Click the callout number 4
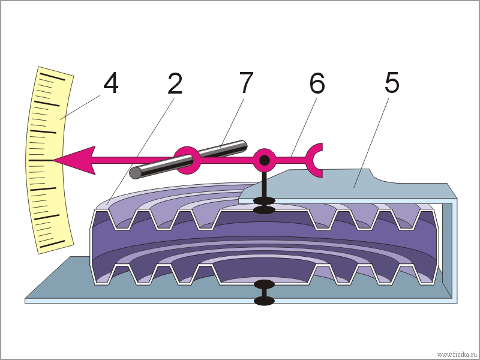click(110, 83)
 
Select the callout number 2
click(175, 83)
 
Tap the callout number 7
click(246, 83)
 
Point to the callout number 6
click(317, 83)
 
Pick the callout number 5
click(392, 83)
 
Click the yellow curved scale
click(49, 160)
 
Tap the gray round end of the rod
click(136, 173)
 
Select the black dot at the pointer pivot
click(264, 160)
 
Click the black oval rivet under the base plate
click(265, 301)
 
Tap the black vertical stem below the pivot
click(264, 185)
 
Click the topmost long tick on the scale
click(52, 77)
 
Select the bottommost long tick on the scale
click(52, 244)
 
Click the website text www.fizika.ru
click(457, 355)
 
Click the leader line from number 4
click(80, 107)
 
